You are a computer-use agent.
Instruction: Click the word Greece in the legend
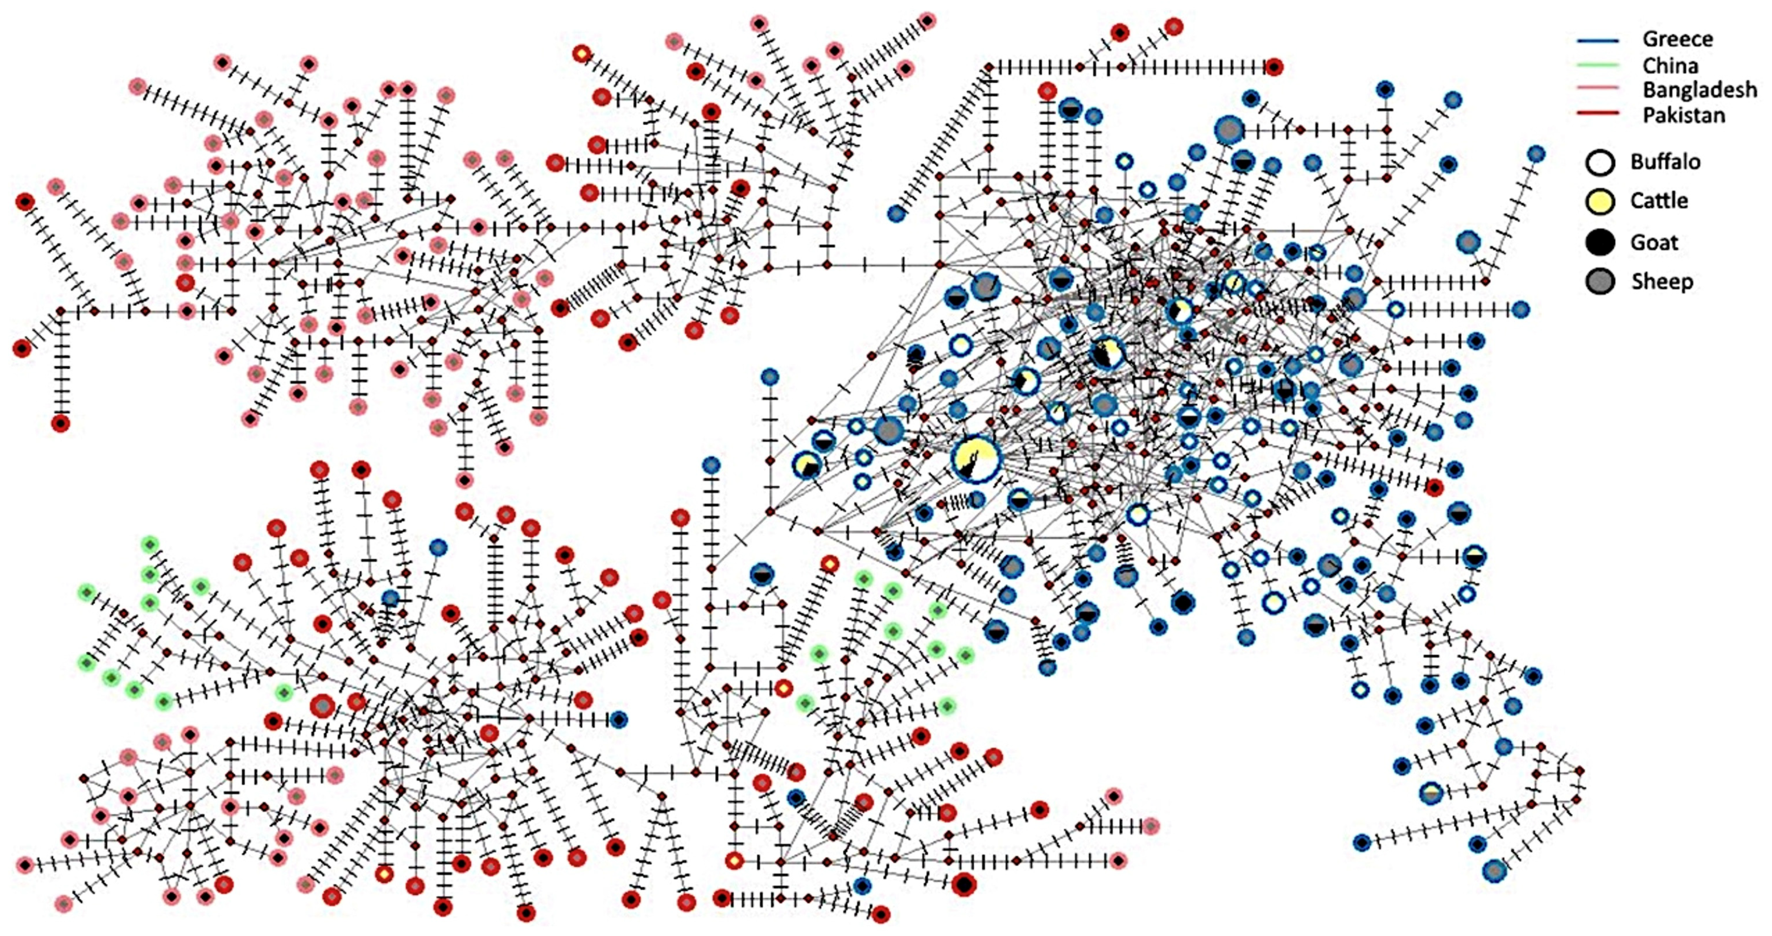click(x=1677, y=39)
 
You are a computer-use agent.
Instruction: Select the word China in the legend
click(x=1670, y=66)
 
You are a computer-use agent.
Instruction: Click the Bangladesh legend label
click(x=1699, y=90)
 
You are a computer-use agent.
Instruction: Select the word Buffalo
click(x=1665, y=162)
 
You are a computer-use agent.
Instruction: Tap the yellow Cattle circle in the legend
click(x=1600, y=202)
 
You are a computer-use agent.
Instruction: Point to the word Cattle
click(x=1658, y=201)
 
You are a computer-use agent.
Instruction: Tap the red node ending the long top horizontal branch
click(x=1274, y=67)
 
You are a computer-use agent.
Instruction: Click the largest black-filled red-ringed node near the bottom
click(x=964, y=884)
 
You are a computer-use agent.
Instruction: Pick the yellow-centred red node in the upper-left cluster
click(x=582, y=53)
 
